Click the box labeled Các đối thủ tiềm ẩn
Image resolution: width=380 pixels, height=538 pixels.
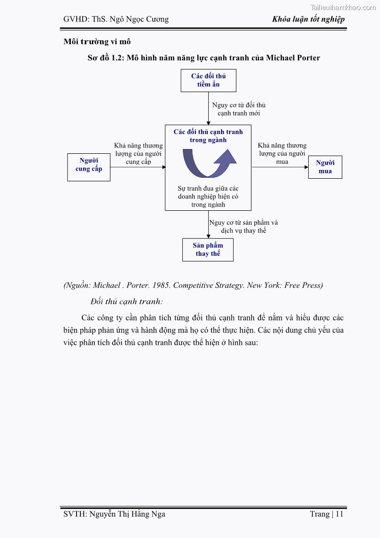[208, 80]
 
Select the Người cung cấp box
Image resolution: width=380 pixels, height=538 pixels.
[89, 167]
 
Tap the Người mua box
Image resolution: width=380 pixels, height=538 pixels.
[325, 167]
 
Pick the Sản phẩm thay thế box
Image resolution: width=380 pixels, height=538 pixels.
[208, 250]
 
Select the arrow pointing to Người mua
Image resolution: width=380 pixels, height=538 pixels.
[280, 167]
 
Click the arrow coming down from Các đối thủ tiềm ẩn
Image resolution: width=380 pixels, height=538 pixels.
[208, 108]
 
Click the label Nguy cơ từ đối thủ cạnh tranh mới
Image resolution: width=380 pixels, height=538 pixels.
[239, 109]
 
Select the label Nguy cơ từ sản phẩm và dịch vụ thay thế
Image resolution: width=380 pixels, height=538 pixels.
[244, 227]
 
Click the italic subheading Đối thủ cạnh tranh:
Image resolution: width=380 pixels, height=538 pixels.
[126, 301]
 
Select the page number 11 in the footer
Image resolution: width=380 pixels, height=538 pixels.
[339, 514]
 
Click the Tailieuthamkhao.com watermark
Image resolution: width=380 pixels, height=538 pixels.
[343, 7]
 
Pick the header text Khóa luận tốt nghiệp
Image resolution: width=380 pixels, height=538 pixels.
[308, 19]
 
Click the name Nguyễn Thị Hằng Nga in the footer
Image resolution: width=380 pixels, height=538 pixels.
[127, 514]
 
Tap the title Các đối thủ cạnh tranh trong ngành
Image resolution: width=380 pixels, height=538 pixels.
[208, 136]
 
